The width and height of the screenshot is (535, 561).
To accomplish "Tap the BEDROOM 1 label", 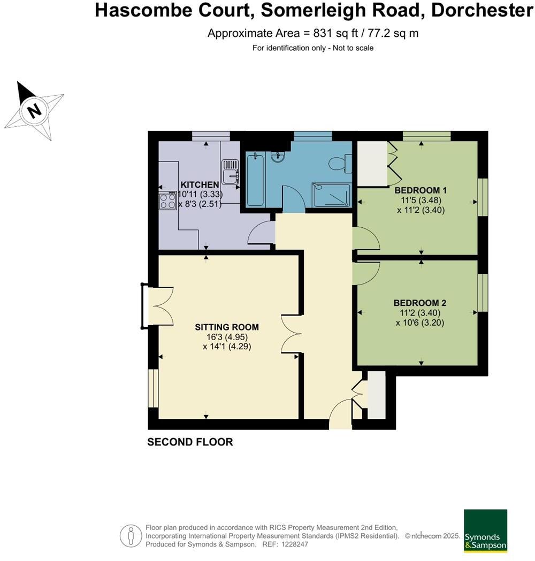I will [421, 190].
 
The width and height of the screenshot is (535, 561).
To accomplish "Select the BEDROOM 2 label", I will [420, 303].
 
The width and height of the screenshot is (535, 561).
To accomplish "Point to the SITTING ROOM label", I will [227, 327].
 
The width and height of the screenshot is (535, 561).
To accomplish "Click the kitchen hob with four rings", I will [168, 201].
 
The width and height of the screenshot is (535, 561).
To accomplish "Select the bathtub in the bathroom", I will [254, 179].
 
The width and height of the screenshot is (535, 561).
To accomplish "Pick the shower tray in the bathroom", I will [332, 195].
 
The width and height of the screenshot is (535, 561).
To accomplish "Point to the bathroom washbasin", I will [278, 157].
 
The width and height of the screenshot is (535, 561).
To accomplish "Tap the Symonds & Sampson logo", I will [485, 531].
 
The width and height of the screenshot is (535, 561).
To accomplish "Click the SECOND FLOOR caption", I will [190, 442].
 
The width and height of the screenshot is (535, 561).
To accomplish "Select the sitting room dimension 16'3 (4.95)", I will [227, 337].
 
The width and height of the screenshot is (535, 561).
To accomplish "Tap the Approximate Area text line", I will [312, 33].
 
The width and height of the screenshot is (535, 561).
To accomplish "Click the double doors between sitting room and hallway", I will [292, 333].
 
